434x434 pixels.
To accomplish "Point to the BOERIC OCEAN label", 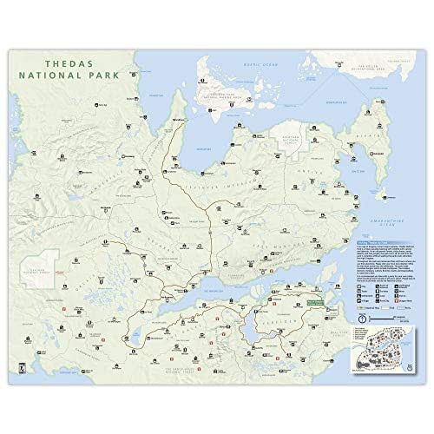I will point(262,62).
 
